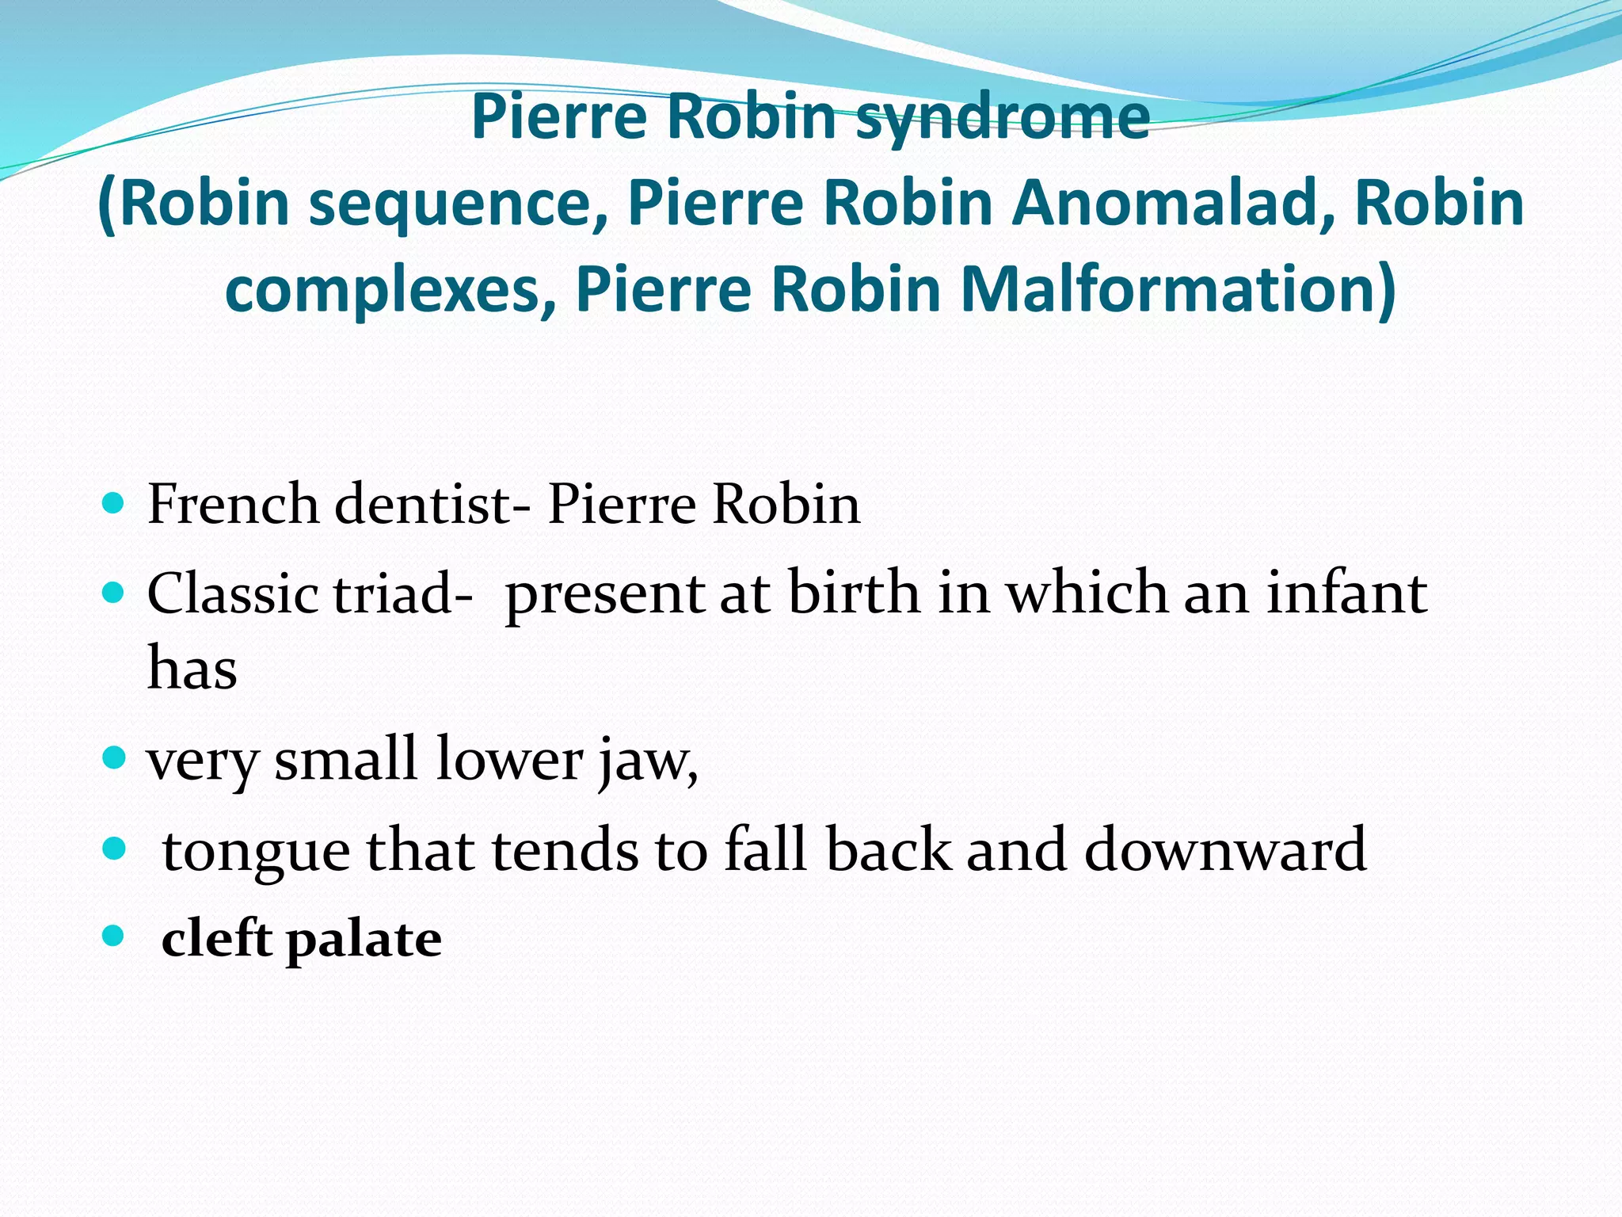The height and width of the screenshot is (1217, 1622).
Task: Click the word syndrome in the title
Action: (x=1003, y=119)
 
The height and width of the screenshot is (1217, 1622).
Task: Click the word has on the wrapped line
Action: (x=192, y=667)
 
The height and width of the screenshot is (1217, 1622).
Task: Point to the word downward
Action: (x=1224, y=849)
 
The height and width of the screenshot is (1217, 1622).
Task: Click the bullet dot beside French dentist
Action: (x=114, y=502)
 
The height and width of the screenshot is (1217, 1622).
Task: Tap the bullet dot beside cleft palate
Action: (x=114, y=937)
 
